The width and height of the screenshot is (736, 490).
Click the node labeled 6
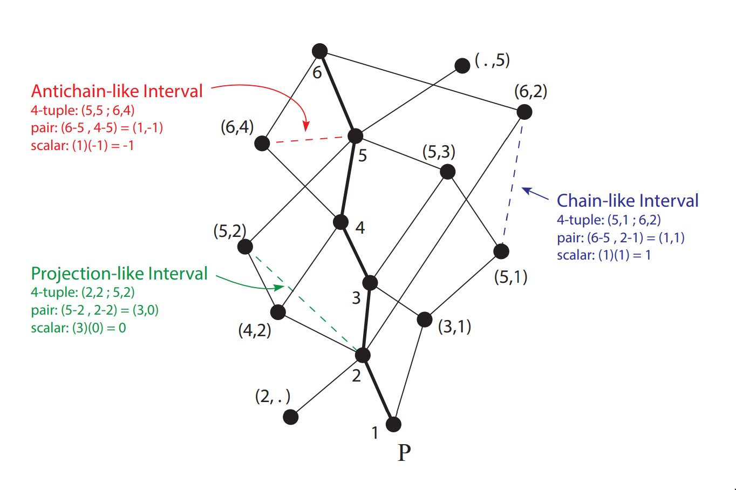[x=320, y=51]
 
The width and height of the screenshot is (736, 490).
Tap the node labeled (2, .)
[x=291, y=417]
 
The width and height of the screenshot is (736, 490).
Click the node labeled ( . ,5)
[x=462, y=66]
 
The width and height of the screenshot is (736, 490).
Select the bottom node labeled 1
[x=394, y=424]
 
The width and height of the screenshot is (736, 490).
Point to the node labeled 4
[x=341, y=222]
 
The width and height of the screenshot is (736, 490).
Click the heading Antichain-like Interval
[x=117, y=91]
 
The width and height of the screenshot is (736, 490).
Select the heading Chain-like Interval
[x=628, y=201]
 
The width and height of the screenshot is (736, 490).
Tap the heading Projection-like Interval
[x=119, y=274]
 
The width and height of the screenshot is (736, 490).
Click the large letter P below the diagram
[x=404, y=453]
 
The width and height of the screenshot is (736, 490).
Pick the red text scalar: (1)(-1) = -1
[x=82, y=146]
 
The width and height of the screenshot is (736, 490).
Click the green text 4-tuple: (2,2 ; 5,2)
[x=83, y=292]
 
